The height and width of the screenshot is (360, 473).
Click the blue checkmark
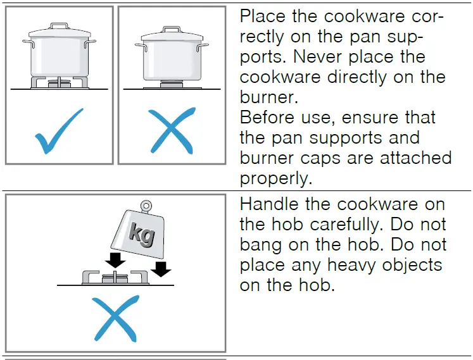(x=59, y=132)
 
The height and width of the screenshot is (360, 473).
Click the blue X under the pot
(x=171, y=131)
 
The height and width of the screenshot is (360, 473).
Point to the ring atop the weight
(x=146, y=206)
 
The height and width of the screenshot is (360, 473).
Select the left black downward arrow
(x=116, y=260)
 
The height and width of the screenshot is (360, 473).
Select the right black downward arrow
(x=163, y=268)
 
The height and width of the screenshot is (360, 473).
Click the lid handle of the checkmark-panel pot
(x=59, y=26)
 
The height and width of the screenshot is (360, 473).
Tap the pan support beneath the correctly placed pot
(x=59, y=82)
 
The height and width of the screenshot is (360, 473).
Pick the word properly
(x=276, y=179)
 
